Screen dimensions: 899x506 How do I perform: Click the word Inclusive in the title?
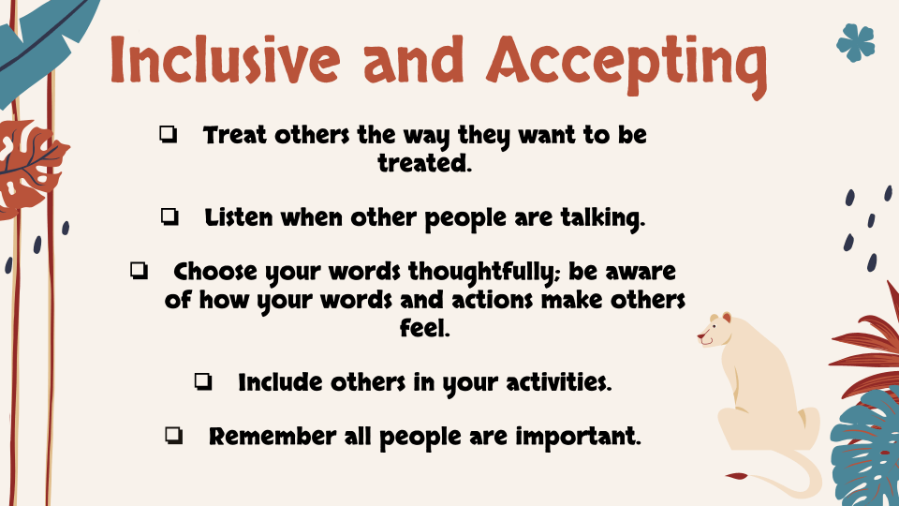225,60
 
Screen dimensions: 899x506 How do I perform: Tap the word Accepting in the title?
627,66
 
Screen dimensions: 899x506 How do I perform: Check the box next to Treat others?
168,134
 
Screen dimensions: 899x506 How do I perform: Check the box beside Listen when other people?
169,216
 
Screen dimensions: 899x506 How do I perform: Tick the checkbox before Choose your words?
139,270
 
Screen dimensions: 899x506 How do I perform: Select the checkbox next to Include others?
203,381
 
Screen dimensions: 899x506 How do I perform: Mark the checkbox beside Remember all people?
174,435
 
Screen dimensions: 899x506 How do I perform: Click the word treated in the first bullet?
425,163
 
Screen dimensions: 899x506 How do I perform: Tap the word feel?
425,329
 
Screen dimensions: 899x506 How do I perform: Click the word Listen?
239,217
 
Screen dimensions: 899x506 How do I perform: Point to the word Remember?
273,436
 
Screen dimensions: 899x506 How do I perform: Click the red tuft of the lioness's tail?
737,476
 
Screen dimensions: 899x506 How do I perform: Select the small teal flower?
855,42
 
